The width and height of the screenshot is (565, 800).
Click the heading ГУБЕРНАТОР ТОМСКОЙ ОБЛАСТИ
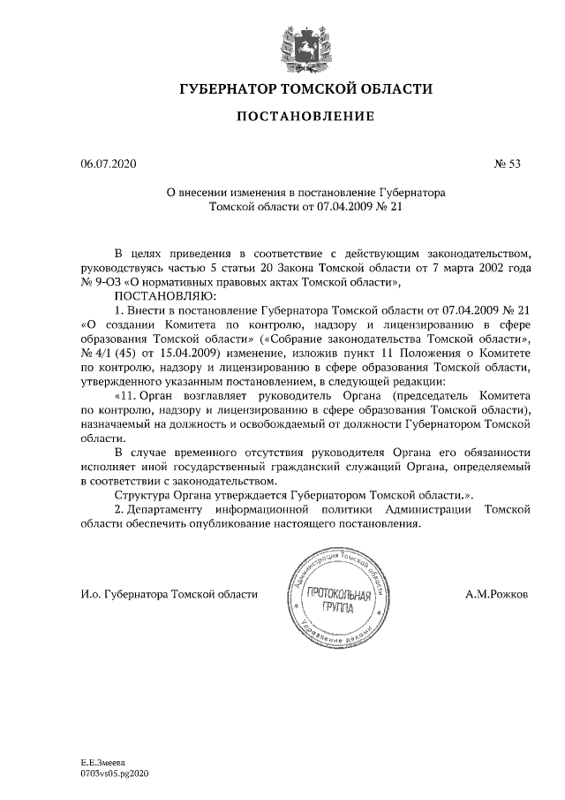(x=305, y=90)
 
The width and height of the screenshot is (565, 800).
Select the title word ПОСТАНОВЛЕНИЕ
(x=305, y=117)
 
